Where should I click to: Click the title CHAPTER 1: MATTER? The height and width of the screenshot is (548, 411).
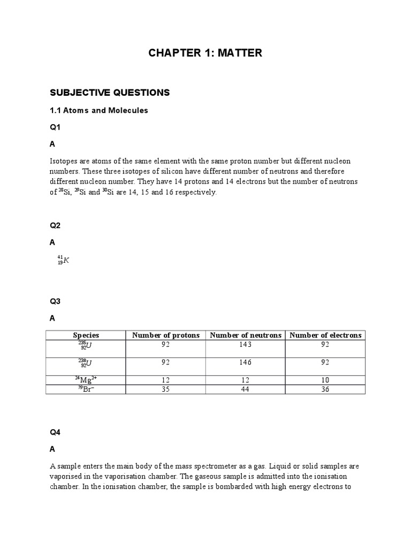[205, 52]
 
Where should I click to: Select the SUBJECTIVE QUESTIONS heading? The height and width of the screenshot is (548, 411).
[109, 93]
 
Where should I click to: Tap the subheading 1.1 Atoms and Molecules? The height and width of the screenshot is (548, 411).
[98, 110]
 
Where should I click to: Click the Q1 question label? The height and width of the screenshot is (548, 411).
[55, 127]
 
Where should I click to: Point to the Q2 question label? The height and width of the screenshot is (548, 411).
[55, 226]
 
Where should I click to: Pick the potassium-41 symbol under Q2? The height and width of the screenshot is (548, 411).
[64, 261]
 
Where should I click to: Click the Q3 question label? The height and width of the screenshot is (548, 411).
[55, 301]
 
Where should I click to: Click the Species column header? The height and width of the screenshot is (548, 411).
[86, 335]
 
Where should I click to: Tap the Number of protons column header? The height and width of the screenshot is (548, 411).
[166, 335]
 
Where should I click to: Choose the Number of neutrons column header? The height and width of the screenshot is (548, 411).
[246, 335]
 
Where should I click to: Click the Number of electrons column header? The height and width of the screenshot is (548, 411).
[325, 335]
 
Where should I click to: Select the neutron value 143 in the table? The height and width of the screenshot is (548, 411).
[246, 345]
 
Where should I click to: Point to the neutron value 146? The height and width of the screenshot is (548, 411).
[246, 362]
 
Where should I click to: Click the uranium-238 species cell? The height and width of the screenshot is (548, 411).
[86, 364]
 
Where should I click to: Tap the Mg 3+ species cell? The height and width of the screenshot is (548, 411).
[86, 380]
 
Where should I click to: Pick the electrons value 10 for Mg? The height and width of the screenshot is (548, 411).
[325, 380]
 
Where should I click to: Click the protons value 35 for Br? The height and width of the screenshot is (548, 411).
[166, 390]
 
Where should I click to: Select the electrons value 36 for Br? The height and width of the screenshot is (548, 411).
[325, 390]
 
